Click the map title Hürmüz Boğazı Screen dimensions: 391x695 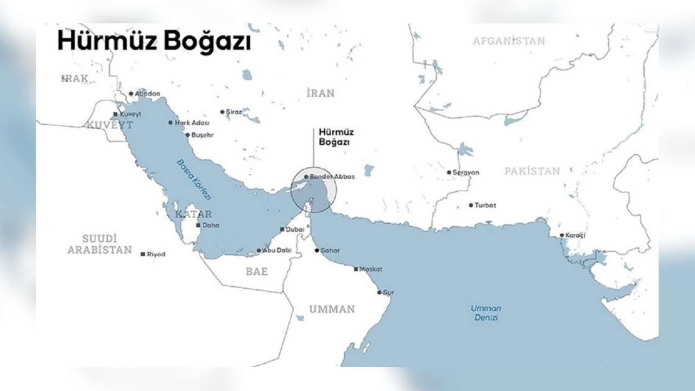click(x=154, y=41)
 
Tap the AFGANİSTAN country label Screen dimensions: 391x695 click(x=509, y=41)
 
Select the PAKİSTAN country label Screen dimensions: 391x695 click(x=532, y=171)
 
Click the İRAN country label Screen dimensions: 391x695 click(x=320, y=93)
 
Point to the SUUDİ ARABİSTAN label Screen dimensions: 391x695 click(x=99, y=244)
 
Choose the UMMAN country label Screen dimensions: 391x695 click(x=332, y=310)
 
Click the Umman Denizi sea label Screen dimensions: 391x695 click(x=486, y=313)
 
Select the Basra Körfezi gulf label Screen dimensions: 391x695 click(x=194, y=180)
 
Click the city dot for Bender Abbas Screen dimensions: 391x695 click(x=306, y=176)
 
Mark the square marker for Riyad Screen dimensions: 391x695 click(x=143, y=254)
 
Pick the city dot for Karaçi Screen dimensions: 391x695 click(x=562, y=235)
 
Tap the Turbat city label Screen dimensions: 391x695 click(x=485, y=205)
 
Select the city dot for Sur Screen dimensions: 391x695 click(x=380, y=292)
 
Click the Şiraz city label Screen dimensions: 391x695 click(x=233, y=112)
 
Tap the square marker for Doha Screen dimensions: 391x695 click(x=198, y=225)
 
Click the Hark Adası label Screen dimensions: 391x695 click(x=192, y=123)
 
